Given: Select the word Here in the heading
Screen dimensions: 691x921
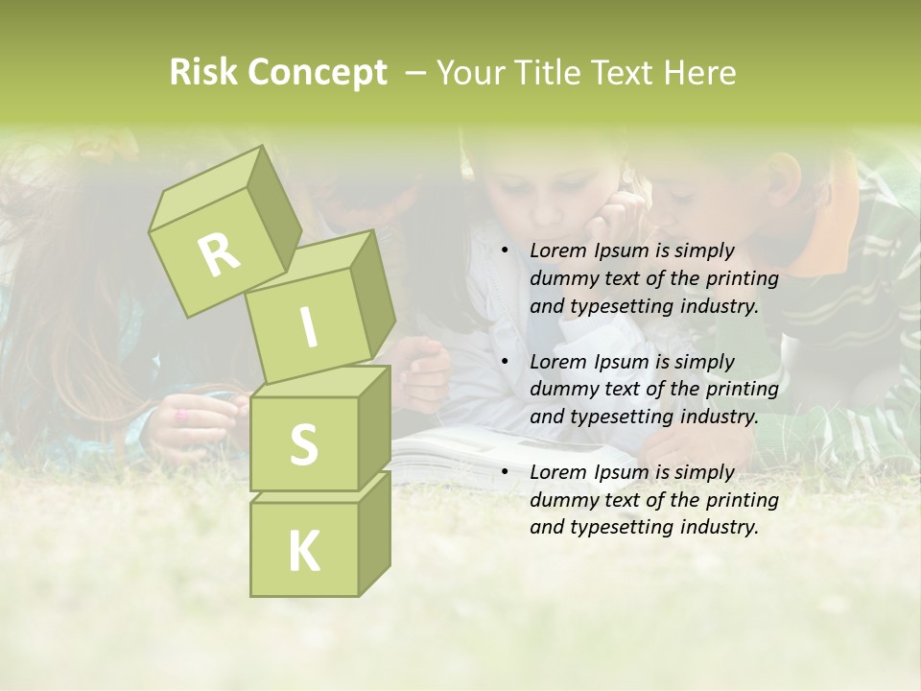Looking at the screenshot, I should click(x=703, y=73).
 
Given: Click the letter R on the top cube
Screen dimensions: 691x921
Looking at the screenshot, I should click(x=218, y=254).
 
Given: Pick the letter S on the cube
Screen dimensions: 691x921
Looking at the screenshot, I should click(x=303, y=445).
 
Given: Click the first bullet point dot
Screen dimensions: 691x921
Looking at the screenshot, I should click(x=506, y=251).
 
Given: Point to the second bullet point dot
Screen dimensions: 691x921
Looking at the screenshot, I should click(x=506, y=363).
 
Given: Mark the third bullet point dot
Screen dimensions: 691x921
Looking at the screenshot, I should click(x=506, y=473).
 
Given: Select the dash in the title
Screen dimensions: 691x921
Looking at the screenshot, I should click(x=416, y=73).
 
